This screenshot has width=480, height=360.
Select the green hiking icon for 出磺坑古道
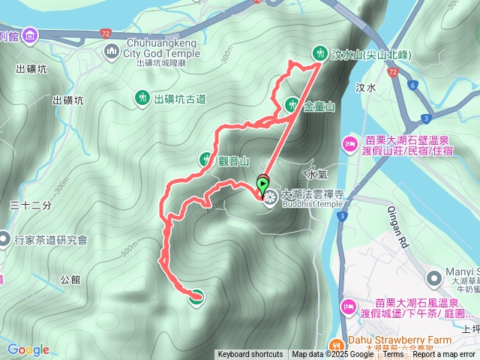(142, 97)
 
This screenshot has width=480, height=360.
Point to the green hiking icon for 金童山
(291, 106)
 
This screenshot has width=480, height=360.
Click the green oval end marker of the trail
(196, 297)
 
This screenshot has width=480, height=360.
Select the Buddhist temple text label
(312, 203)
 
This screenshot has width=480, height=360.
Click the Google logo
(28, 349)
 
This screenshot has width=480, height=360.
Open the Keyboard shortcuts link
(250, 355)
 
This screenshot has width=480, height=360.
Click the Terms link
(394, 355)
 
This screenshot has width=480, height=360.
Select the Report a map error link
(444, 355)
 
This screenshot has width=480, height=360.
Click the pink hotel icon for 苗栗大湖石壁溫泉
(349, 143)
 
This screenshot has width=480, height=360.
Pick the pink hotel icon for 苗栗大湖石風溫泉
(349, 305)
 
